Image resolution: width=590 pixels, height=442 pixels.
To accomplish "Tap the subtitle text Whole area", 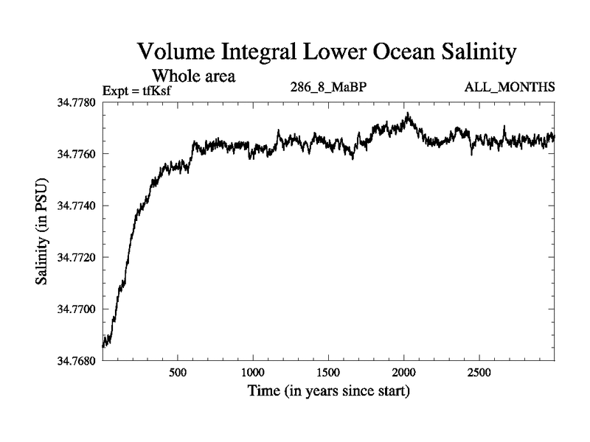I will point(193,75).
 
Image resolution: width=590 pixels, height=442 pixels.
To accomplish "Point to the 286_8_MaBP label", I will point(329,88).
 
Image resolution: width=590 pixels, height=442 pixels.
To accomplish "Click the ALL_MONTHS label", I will point(510,88).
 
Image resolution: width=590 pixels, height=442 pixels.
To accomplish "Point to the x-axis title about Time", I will point(328,390).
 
